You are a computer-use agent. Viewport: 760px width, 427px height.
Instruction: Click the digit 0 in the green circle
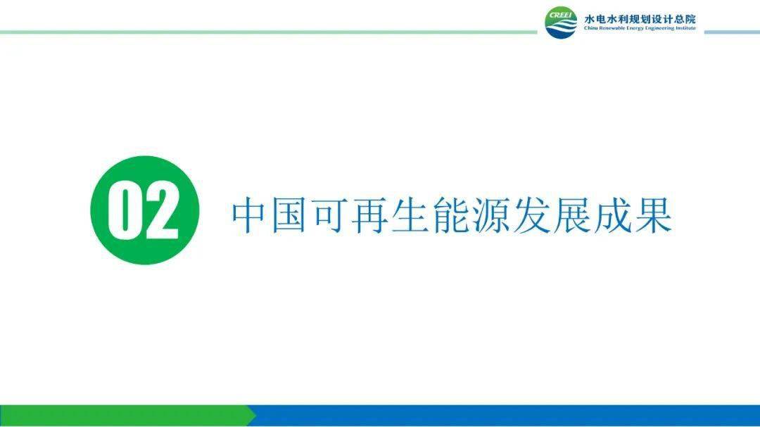coord(125,210)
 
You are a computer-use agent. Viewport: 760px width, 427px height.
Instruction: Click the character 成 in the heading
coord(613,216)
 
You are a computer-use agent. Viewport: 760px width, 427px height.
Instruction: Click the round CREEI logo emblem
coord(560,23)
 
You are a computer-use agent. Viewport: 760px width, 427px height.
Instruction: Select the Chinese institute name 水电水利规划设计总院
coord(639,19)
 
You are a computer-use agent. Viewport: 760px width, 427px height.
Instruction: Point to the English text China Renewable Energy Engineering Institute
coord(639,29)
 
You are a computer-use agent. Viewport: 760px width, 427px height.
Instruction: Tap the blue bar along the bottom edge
coord(507,415)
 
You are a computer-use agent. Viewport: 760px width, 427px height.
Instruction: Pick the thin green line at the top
coord(267,32)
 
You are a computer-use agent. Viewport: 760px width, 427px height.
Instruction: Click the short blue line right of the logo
coord(731,32)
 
